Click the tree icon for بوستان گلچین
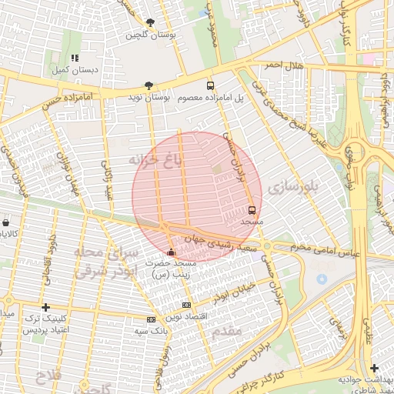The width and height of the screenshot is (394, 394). pos(149,23)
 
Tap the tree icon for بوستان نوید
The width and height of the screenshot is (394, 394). pos(149,85)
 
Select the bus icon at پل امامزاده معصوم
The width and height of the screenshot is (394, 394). pos(211,85)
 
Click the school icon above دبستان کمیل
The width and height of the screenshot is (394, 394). pos(75,58)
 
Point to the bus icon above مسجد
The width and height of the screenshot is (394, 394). pos(252,209)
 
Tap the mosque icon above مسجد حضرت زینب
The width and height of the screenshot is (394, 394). pos(171,252)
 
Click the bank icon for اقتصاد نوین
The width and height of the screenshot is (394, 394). pos(186,306)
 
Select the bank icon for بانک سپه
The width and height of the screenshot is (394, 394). pos(151,319)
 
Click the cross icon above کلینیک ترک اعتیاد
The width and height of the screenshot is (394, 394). pos(45,306)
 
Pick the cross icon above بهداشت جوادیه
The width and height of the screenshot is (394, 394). pos(374,368)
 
